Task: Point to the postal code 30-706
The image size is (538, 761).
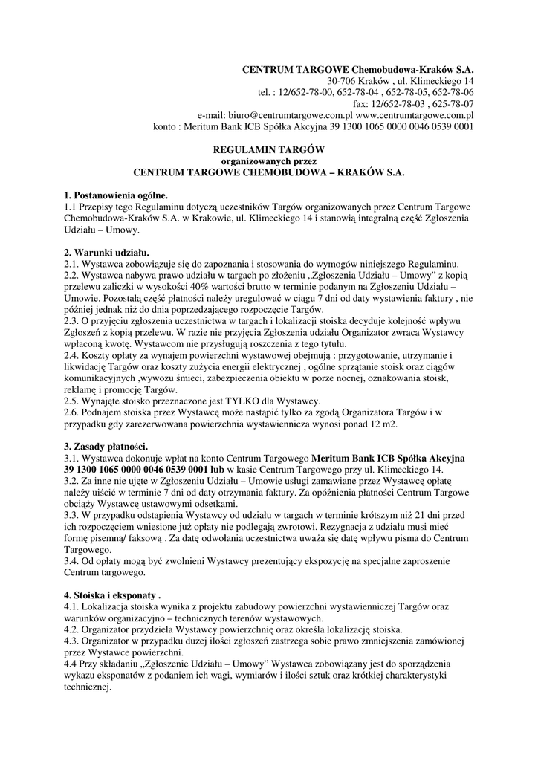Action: tap(343, 80)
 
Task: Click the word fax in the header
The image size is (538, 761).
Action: tap(360, 104)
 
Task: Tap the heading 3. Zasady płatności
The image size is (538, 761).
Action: tap(106, 447)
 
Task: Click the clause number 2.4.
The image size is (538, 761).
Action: tap(73, 356)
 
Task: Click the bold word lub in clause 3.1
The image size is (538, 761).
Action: tap(218, 470)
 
